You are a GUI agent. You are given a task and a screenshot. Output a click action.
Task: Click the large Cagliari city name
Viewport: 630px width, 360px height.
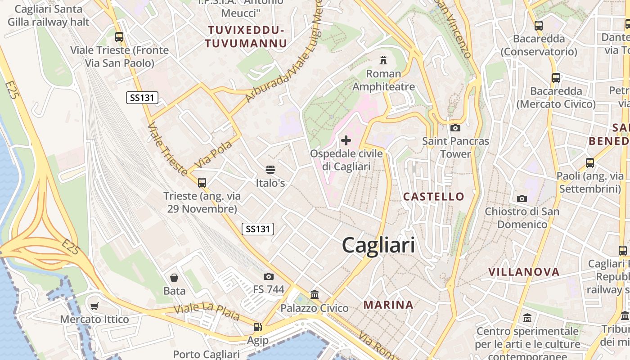[x=378, y=246]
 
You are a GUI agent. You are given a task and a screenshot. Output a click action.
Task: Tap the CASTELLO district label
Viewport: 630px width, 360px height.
[x=433, y=196]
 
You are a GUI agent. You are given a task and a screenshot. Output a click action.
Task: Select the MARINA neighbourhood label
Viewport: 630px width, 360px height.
[x=388, y=305]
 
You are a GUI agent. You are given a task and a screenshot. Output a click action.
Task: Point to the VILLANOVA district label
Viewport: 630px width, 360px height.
[x=524, y=272]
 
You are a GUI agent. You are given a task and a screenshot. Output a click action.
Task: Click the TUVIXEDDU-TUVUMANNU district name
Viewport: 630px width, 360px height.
[x=246, y=37]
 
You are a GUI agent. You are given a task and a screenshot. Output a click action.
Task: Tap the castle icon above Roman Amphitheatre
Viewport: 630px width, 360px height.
[x=383, y=60]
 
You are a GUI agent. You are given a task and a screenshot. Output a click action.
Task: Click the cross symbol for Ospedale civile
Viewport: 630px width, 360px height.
[x=346, y=140]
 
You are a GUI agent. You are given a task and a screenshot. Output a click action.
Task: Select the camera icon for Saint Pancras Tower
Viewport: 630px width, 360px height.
[x=455, y=128]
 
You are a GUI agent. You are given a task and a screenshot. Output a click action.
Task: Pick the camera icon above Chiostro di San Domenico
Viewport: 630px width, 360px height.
[x=522, y=198]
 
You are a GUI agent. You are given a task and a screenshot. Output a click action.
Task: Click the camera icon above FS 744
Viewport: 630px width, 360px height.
[x=269, y=276]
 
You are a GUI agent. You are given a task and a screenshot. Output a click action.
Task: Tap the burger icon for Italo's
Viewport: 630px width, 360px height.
[x=270, y=170]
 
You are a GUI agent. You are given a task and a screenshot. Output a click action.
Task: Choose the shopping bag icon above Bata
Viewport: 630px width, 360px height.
[x=174, y=278]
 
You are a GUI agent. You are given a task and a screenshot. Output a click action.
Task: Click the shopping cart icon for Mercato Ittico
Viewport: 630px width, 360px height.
[x=94, y=306]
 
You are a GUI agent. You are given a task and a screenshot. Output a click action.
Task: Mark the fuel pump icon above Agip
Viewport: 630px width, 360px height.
[x=257, y=327]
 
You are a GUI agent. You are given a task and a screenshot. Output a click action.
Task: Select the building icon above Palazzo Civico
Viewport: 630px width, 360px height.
[x=315, y=295]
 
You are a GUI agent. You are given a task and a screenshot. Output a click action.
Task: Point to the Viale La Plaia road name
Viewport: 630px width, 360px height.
[x=207, y=312]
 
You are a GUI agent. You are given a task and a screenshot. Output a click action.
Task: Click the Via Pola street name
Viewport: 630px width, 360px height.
[x=213, y=154]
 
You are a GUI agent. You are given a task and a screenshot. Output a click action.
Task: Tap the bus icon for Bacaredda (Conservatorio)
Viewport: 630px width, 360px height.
[x=538, y=26]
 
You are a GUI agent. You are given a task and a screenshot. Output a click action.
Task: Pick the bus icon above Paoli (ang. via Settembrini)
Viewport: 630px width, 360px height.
[x=589, y=162]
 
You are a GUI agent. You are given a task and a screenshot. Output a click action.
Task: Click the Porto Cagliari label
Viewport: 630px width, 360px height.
[x=206, y=354]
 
